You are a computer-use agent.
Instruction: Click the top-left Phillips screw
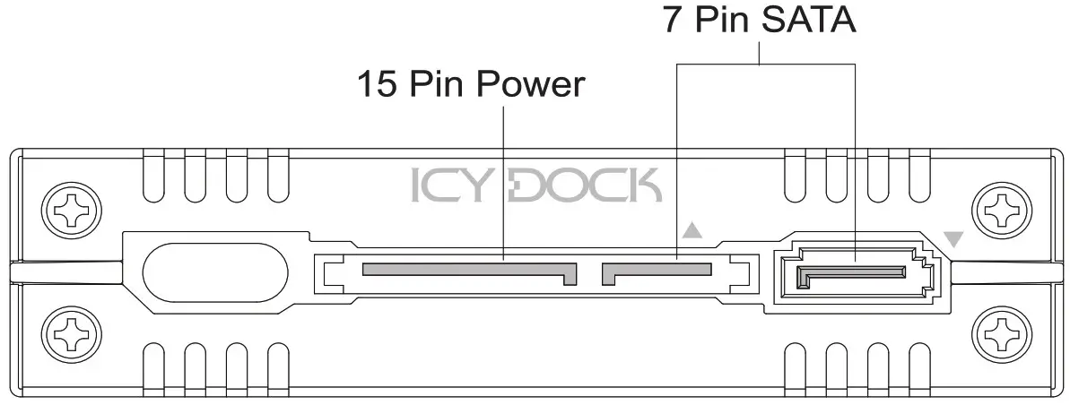click(69, 211)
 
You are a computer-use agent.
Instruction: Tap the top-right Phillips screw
click(998, 211)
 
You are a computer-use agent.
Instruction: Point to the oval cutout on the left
click(216, 271)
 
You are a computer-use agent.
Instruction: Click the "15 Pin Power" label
click(470, 85)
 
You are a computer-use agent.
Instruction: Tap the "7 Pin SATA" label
click(760, 20)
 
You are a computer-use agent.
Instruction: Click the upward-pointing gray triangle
click(692, 230)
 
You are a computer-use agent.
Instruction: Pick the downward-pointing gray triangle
click(953, 239)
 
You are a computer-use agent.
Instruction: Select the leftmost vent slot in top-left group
click(153, 175)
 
